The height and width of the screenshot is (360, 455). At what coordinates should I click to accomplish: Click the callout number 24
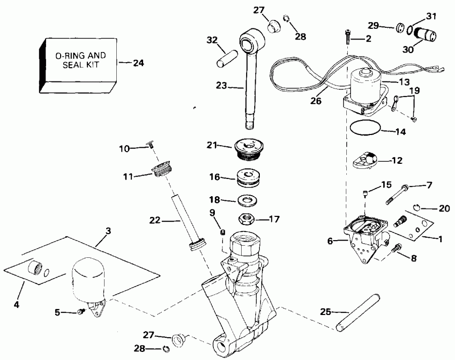point(138,63)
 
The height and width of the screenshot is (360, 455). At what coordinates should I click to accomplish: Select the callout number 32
point(213,40)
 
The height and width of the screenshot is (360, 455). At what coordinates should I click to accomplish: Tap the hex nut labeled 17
point(248,219)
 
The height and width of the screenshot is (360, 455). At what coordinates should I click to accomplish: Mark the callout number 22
point(155,220)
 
